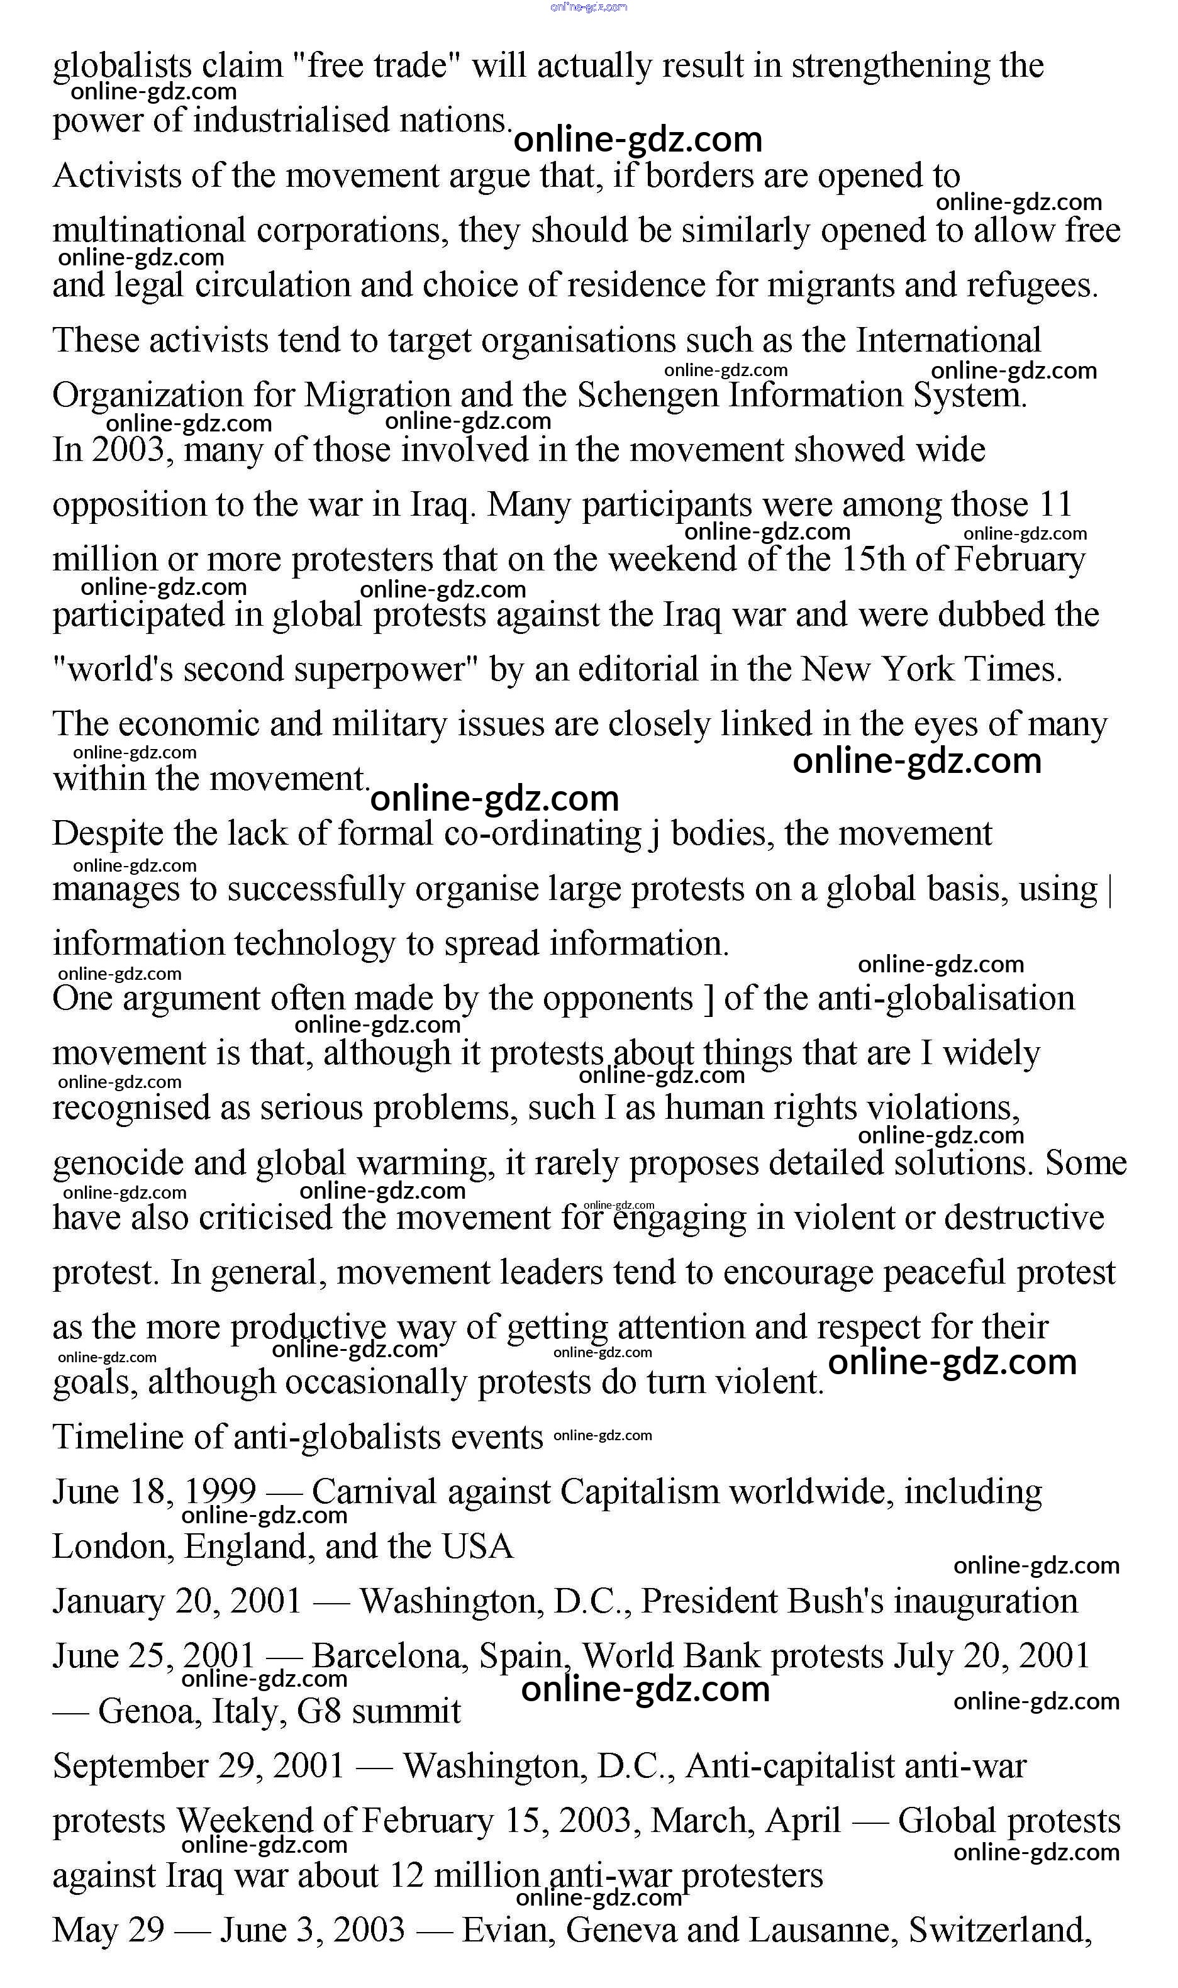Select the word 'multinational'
[x=149, y=231]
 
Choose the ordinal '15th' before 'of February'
[x=872, y=560]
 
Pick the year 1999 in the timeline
[x=220, y=1492]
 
